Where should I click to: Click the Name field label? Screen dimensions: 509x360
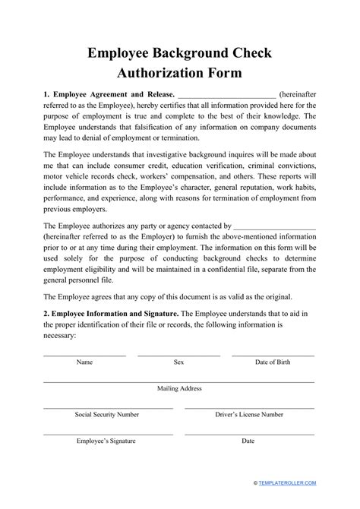pyautogui.click(x=85, y=362)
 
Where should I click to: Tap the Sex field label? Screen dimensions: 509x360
pyautogui.click(x=179, y=362)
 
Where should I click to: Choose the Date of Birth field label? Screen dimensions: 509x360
pyautogui.click(x=273, y=362)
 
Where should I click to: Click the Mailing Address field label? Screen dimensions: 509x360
pyautogui.click(x=179, y=388)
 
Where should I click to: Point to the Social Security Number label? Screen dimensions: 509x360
pyautogui.click(x=107, y=414)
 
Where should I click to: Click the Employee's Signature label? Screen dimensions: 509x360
pyautogui.click(x=107, y=440)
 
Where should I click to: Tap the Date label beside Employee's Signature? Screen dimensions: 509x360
pyautogui.click(x=248, y=440)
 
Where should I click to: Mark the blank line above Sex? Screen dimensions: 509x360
pyautogui.click(x=179, y=356)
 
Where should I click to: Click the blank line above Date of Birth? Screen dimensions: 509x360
pyautogui.click(x=273, y=356)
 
